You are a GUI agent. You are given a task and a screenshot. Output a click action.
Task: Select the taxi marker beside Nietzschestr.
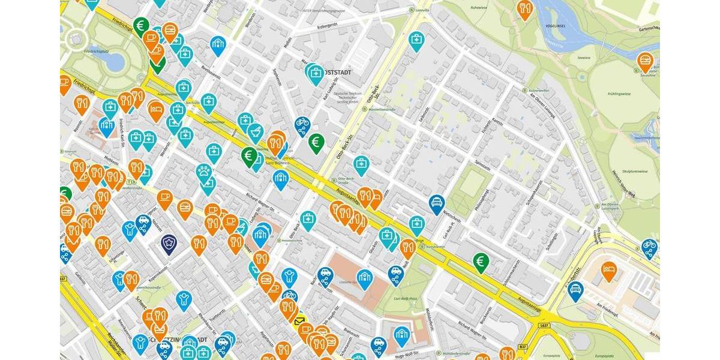pos(436,203)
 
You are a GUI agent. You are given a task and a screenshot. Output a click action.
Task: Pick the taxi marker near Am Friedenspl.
pos(575,290)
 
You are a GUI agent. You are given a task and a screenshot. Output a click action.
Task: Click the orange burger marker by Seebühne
pos(645,61)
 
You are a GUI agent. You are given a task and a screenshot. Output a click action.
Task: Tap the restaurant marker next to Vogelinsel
pos(524,8)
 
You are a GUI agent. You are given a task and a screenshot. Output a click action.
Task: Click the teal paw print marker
pos(205,172)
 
